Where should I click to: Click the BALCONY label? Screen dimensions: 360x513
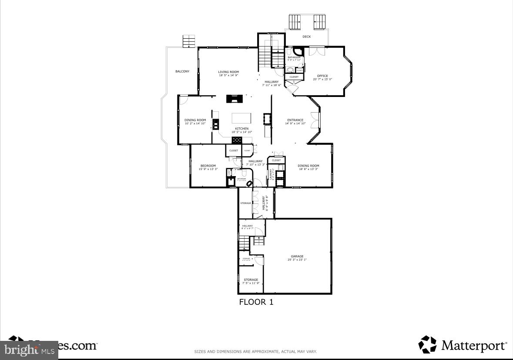pyautogui.click(x=182, y=71)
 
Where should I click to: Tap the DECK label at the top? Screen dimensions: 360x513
pyautogui.click(x=307, y=37)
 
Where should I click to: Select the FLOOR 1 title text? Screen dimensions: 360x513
pyautogui.click(x=256, y=302)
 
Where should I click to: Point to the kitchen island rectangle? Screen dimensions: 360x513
pyautogui.click(x=241, y=118)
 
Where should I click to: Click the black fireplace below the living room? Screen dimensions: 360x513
pyautogui.click(x=234, y=98)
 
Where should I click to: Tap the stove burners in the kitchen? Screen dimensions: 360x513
pyautogui.click(x=237, y=140)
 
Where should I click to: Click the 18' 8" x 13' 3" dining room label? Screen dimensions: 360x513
pyautogui.click(x=308, y=167)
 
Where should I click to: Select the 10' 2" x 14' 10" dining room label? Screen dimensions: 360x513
pyautogui.click(x=195, y=122)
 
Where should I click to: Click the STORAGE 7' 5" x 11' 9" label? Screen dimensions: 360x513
pyautogui.click(x=251, y=281)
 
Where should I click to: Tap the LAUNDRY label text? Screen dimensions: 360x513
pyautogui.click(x=271, y=174)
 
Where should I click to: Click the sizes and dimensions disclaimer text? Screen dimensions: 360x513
pyautogui.click(x=255, y=351)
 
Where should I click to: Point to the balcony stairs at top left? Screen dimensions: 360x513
pyautogui.click(x=189, y=41)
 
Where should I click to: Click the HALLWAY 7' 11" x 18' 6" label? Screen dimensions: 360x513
pyautogui.click(x=272, y=83)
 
